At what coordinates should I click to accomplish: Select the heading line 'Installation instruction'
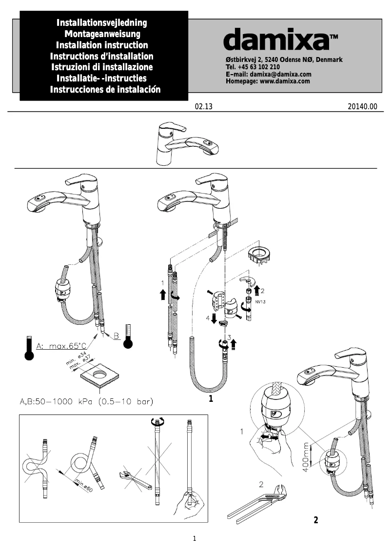coord(102,45)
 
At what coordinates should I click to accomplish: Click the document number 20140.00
coord(363,107)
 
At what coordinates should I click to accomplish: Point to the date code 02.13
coord(204,107)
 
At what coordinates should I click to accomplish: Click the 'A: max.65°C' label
coord(59,346)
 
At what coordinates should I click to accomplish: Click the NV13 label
coord(261,302)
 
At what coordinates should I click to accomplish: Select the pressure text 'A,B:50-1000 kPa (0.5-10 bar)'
coord(87,402)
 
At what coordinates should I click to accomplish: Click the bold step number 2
coord(315,520)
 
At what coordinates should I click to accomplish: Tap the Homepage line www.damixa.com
coord(268,81)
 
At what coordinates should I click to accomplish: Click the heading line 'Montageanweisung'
coord(102,34)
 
